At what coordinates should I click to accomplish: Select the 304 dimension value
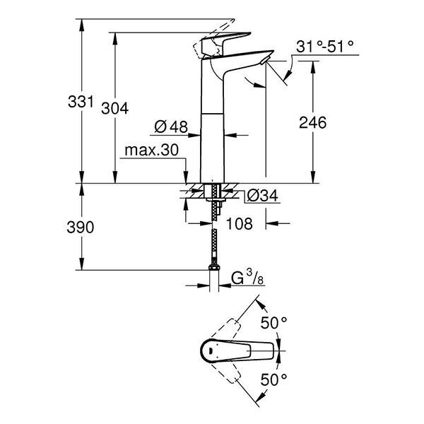click(115, 109)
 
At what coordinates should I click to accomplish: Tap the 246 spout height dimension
click(312, 122)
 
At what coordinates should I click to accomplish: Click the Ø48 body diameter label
click(170, 127)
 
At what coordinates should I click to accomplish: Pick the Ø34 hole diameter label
click(260, 196)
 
